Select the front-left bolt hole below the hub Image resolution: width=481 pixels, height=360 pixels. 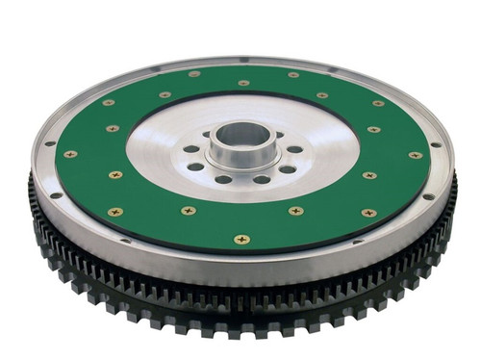tap(223, 179)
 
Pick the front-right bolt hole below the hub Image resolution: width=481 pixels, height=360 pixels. tap(261, 179)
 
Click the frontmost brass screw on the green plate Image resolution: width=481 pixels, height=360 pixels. tap(241, 239)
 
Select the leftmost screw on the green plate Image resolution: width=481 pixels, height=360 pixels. tap(69, 154)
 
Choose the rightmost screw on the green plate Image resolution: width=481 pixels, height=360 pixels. tap(416, 155)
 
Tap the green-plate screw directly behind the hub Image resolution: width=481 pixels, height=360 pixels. tap(243, 83)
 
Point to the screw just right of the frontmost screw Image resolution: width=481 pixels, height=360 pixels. tap(294, 211)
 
